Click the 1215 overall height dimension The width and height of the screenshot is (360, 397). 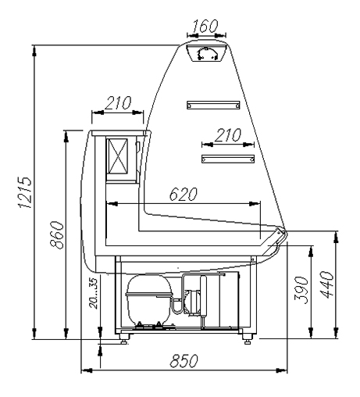pyautogui.click(x=25, y=192)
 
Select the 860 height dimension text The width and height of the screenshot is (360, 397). pyautogui.click(x=57, y=235)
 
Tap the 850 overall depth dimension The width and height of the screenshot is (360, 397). pyautogui.click(x=184, y=361)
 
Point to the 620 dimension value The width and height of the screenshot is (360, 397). pyautogui.click(x=184, y=194)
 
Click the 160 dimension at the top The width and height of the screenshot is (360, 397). pyautogui.click(x=205, y=26)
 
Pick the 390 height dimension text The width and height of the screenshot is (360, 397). pyautogui.click(x=301, y=290)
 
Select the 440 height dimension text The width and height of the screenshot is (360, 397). pyautogui.click(x=326, y=284)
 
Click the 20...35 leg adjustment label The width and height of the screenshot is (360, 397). pyautogui.click(x=93, y=293)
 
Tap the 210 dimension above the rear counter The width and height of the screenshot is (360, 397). pyautogui.click(x=118, y=103)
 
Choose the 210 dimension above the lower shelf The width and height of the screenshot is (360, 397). pyautogui.click(x=228, y=135)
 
